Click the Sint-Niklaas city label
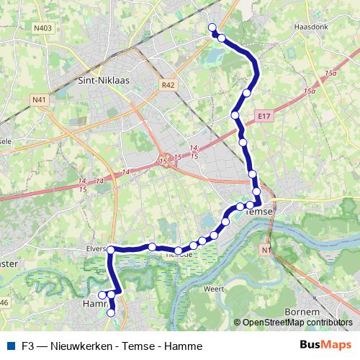[102, 81]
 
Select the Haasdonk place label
[310, 27]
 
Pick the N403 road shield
[43, 28]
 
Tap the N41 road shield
[39, 99]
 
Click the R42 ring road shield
[168, 85]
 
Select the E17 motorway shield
[262, 114]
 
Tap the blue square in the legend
[10, 346]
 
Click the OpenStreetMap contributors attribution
[297, 323]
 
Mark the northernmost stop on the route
[212, 27]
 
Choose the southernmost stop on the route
[111, 312]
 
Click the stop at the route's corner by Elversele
[111, 250]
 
